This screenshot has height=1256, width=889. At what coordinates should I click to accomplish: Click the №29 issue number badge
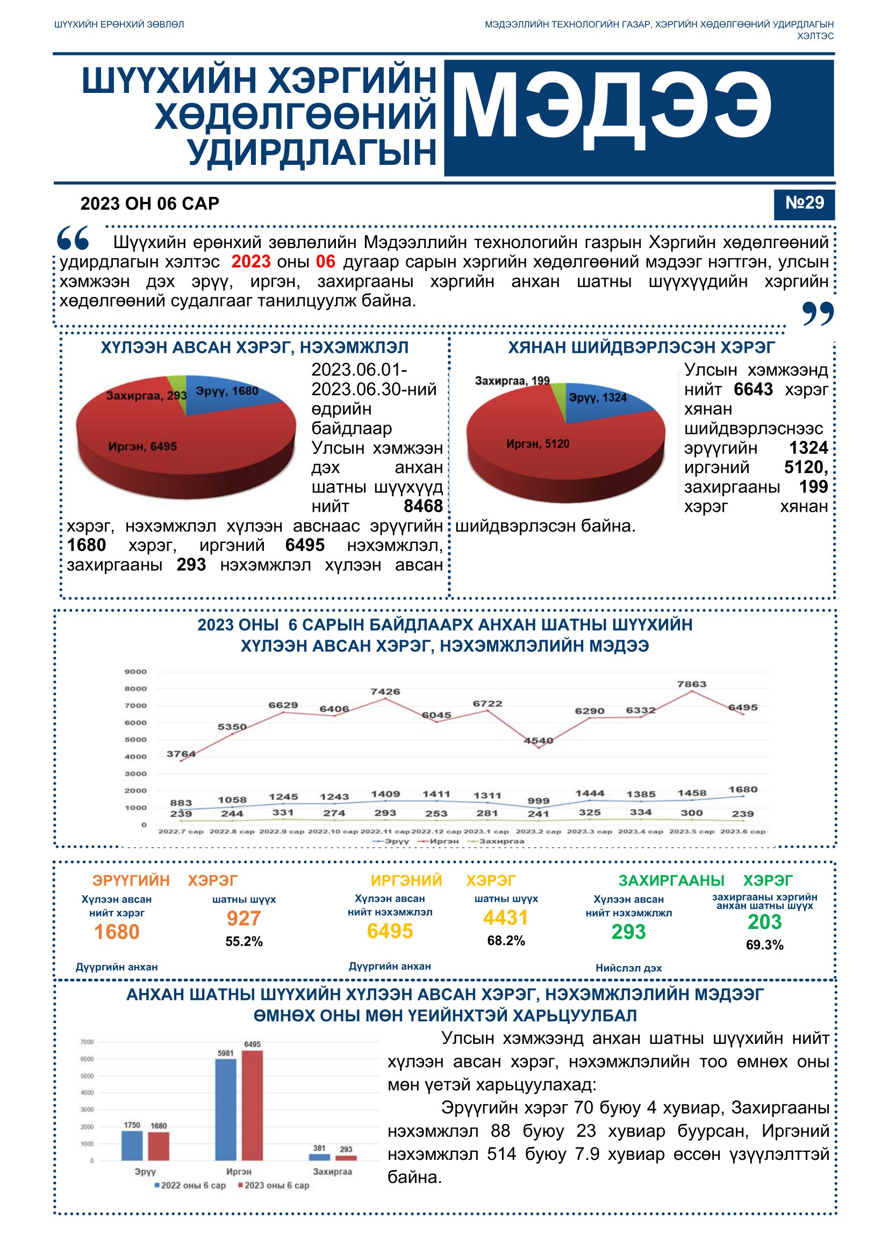pyautogui.click(x=804, y=205)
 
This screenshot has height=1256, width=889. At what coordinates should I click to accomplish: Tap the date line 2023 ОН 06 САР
pyautogui.click(x=149, y=204)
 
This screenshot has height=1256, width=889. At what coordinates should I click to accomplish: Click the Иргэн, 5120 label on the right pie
pyautogui.click(x=537, y=444)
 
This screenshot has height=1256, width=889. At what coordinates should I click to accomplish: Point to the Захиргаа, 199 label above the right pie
pyautogui.click(x=512, y=381)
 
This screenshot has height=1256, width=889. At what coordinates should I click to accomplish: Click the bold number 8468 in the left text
pyautogui.click(x=422, y=506)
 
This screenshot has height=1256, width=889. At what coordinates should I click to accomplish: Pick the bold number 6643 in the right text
pyautogui.click(x=753, y=389)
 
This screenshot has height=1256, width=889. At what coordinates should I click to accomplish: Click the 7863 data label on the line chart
pyautogui.click(x=691, y=684)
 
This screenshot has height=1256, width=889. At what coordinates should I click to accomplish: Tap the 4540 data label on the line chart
pyautogui.click(x=538, y=740)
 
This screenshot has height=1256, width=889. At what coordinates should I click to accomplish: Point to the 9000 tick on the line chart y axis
pyautogui.click(x=136, y=671)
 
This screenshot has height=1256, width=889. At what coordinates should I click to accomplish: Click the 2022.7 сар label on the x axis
pyautogui.click(x=181, y=831)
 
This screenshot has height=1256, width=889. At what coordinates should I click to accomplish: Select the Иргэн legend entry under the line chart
pyautogui.click(x=439, y=841)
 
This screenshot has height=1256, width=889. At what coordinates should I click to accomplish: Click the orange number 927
pyautogui.click(x=243, y=918)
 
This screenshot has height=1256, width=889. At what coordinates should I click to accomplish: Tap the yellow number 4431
pyautogui.click(x=505, y=917)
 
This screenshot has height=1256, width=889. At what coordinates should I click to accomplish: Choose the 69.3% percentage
pyautogui.click(x=764, y=945)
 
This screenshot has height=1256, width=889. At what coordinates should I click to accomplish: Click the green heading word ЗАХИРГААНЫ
pyautogui.click(x=671, y=880)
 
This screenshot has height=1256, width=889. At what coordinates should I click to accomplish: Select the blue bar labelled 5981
pyautogui.click(x=226, y=1109)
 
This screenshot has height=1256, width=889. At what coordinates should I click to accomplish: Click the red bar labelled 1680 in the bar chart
pyautogui.click(x=159, y=1146)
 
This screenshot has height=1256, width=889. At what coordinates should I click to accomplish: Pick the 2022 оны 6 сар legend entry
pyautogui.click(x=190, y=1185)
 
